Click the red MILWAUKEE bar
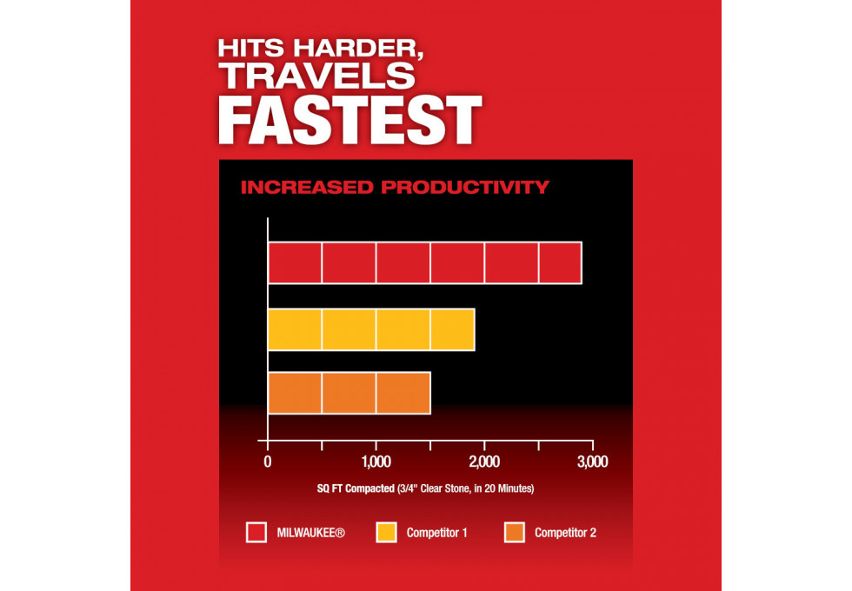tap(425, 262)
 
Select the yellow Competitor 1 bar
tap(371, 329)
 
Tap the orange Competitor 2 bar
tap(349, 393)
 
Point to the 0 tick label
tap(268, 462)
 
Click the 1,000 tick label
tap(376, 462)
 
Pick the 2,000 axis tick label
tap(484, 462)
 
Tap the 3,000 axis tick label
tap(593, 462)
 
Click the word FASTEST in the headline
tap(350, 120)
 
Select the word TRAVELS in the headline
tap(317, 76)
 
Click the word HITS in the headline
tap(251, 49)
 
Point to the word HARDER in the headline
tap(358, 49)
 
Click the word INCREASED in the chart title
tap(307, 188)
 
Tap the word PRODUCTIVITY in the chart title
tap(465, 188)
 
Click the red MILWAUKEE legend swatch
tap(256, 532)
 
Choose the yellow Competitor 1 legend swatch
tap(386, 532)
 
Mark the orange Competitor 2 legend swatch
tap(515, 532)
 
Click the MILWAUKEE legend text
tap(311, 533)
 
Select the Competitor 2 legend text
tap(566, 533)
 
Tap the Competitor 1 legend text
tap(436, 533)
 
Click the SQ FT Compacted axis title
tap(425, 488)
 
